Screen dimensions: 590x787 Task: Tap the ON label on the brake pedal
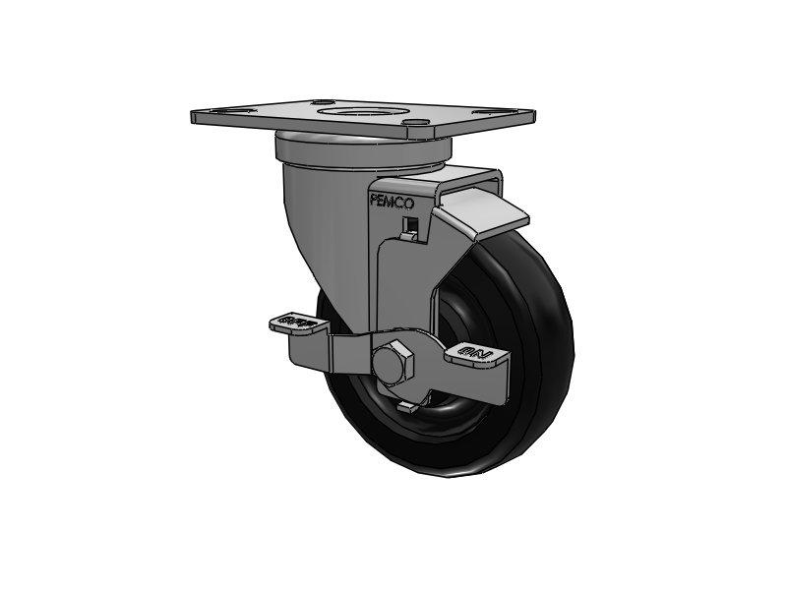click(x=471, y=351)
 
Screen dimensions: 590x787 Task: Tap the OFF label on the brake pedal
click(x=298, y=321)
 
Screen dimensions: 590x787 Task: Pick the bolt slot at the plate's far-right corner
click(x=509, y=111)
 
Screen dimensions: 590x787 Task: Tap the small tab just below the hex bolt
click(x=405, y=403)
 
